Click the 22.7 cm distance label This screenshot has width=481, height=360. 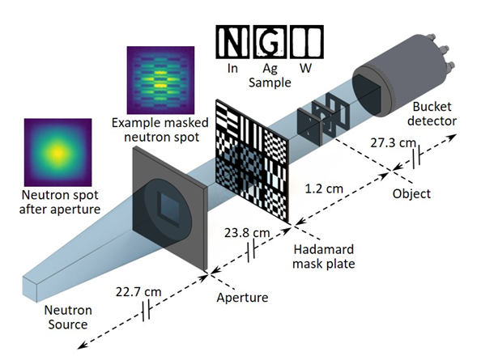pyautogui.click(x=138, y=292)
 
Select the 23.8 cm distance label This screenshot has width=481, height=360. pyautogui.click(x=247, y=233)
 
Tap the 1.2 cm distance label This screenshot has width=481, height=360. pyautogui.click(x=324, y=188)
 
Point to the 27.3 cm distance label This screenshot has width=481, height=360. pyautogui.click(x=393, y=142)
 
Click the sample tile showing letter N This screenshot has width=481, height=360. pyautogui.click(x=232, y=42)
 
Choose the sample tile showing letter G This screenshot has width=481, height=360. pyautogui.click(x=270, y=42)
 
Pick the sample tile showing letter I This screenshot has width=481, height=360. pyautogui.click(x=307, y=42)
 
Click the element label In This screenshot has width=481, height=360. pyautogui.click(x=232, y=68)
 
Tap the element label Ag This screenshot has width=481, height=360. pyautogui.click(x=270, y=69)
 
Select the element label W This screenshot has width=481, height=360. pyautogui.click(x=305, y=68)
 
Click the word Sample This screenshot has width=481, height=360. pyautogui.click(x=270, y=83)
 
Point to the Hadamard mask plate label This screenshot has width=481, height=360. pyautogui.click(x=324, y=256)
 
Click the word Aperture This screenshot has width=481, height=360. pyautogui.click(x=242, y=298)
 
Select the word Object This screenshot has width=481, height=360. pyautogui.click(x=411, y=194)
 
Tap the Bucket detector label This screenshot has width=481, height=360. pyautogui.click(x=432, y=114)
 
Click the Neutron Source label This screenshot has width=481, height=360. pyautogui.click(x=68, y=317)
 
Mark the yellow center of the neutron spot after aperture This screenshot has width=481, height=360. pyautogui.click(x=58, y=152)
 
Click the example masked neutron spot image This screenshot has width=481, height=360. pyautogui.click(x=160, y=80)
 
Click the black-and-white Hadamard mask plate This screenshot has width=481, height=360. pyautogui.click(x=252, y=161)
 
